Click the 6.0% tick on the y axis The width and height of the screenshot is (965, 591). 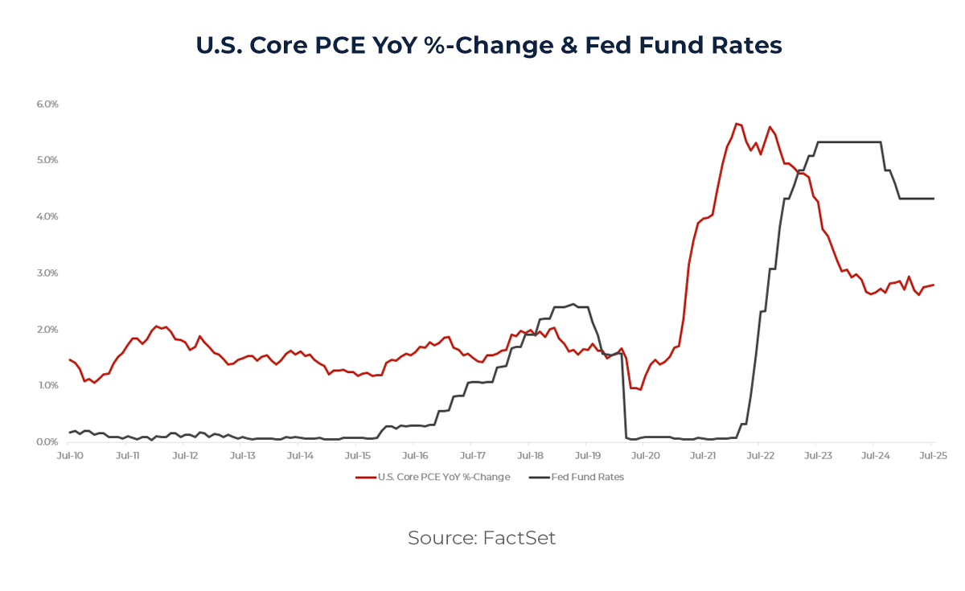point(47,105)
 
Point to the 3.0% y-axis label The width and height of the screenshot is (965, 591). point(47,273)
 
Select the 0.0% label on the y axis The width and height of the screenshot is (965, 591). point(47,442)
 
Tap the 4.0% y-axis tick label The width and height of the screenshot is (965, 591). point(47,217)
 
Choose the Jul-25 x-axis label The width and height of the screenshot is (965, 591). point(932,455)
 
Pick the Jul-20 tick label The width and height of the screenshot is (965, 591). point(645,455)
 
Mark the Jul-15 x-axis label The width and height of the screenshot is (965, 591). point(357,455)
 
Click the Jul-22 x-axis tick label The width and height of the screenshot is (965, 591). point(760,455)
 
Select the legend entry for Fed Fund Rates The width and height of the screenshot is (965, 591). point(587,477)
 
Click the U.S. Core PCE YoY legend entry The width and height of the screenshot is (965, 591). point(444,477)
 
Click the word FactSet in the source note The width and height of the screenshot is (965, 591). point(519,538)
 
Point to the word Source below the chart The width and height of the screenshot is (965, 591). point(441,538)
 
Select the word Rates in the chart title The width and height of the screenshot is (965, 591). point(745,46)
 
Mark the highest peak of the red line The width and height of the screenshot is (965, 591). point(736,124)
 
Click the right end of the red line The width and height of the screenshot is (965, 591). point(933,285)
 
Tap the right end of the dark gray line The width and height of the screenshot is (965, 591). point(933,199)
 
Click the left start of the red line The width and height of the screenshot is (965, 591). point(70,359)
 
